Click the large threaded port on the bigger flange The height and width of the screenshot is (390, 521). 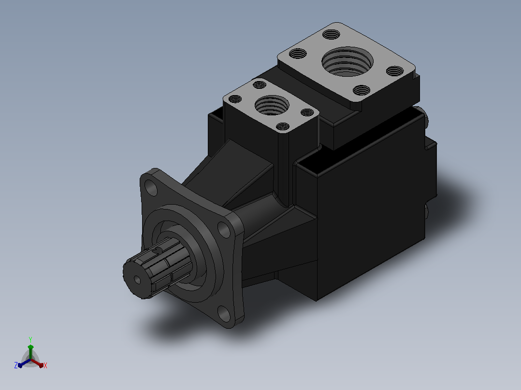(347, 62)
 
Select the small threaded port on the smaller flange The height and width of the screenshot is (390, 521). (272, 105)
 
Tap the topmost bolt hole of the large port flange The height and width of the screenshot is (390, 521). (331, 34)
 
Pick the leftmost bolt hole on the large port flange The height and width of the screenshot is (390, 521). (298, 54)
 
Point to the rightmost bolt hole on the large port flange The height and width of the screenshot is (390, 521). (395, 71)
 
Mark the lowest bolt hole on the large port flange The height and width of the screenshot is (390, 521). (362, 90)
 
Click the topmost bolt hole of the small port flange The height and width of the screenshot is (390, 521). (260, 84)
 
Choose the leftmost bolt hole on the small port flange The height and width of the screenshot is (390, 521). (235, 99)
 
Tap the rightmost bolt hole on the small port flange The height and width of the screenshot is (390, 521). (307, 112)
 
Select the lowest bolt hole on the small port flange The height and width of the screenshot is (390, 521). (283, 126)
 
